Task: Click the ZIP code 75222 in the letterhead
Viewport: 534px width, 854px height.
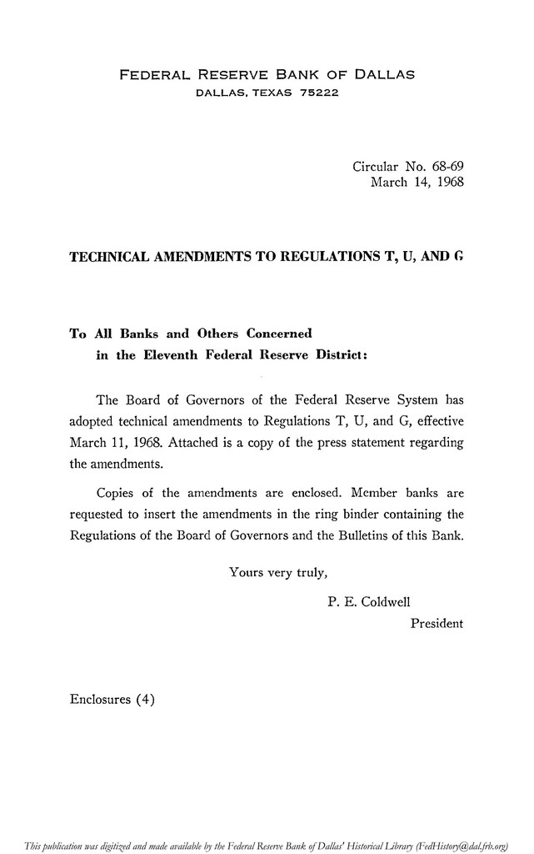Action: click(319, 93)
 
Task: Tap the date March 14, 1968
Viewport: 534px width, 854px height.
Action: click(417, 182)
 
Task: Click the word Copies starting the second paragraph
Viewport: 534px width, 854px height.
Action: click(118, 491)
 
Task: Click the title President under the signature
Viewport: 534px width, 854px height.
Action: click(437, 623)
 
